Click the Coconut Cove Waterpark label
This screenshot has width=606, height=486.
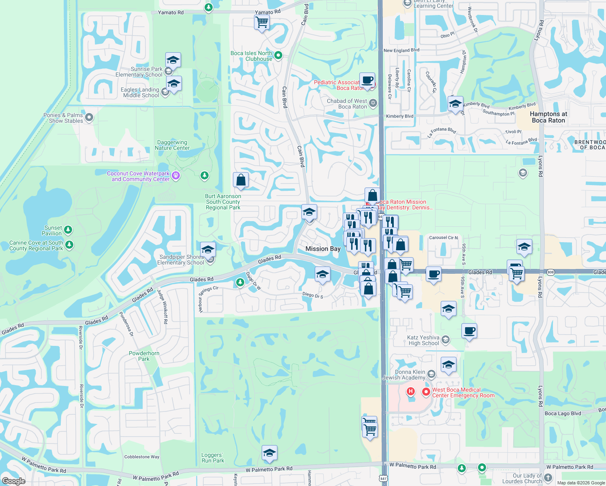click(138, 176)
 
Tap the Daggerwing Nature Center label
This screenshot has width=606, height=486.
click(172, 145)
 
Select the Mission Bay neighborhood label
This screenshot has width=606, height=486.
click(323, 249)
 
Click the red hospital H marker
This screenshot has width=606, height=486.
click(411, 391)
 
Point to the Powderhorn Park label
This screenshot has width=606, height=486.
click(144, 356)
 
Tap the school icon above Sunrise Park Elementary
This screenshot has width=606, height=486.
click(173, 60)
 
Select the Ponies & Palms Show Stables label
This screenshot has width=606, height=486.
click(63, 118)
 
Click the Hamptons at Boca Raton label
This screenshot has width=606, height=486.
click(548, 117)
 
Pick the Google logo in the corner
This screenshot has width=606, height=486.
click(13, 481)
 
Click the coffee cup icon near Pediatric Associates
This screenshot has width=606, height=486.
click(367, 80)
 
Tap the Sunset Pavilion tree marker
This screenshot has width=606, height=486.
click(68, 230)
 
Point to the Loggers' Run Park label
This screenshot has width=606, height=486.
click(213, 458)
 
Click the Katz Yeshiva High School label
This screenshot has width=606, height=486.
click(423, 340)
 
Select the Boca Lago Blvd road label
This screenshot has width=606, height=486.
click(563, 414)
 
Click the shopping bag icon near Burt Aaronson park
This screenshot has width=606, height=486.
click(241, 180)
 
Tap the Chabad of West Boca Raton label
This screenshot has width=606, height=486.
click(347, 104)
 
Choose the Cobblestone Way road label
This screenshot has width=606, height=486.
click(142, 457)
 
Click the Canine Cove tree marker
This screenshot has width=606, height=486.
click(69, 245)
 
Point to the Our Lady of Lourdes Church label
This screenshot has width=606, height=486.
click(527, 478)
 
